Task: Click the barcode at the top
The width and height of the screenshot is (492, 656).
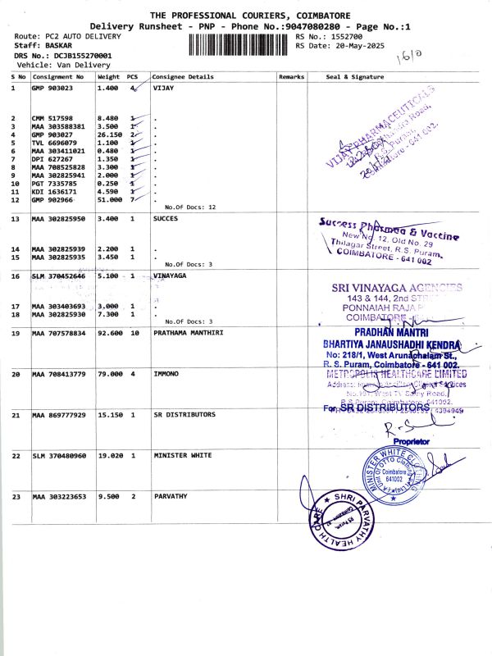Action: pyautogui.click(x=239, y=42)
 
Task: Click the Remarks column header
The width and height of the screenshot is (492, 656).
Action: pyautogui.click(x=291, y=77)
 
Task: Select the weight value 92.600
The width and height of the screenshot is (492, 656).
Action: pyautogui.click(x=109, y=333)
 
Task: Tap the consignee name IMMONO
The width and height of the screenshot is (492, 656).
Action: pyautogui.click(x=168, y=374)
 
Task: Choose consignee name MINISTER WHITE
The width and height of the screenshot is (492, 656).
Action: pyautogui.click(x=182, y=455)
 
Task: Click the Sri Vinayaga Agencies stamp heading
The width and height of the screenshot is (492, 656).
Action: pyautogui.click(x=396, y=288)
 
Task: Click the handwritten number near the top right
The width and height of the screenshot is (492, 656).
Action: pyautogui.click(x=408, y=57)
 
